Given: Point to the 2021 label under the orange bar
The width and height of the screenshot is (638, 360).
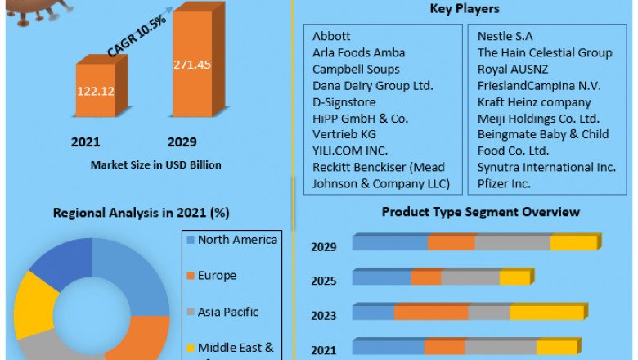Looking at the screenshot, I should click(x=86, y=142).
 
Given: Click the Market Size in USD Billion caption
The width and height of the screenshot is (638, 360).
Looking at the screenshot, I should click(x=156, y=164).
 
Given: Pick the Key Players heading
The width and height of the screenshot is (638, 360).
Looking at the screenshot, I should click(x=465, y=9).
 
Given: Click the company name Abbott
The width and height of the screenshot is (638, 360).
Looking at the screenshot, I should click(x=331, y=36).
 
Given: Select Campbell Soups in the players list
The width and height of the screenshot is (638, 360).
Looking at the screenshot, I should click(x=356, y=69).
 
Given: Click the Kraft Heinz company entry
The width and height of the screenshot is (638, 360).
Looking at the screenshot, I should click(x=534, y=102).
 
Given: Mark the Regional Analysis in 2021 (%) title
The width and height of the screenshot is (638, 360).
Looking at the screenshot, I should click(x=141, y=213).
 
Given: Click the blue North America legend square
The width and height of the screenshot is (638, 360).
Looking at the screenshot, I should click(x=191, y=240).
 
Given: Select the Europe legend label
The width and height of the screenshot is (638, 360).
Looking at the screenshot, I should click(x=217, y=276).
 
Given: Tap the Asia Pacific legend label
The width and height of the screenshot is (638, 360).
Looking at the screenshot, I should click(x=228, y=312).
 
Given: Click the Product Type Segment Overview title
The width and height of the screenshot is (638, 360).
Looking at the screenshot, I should click(x=481, y=212).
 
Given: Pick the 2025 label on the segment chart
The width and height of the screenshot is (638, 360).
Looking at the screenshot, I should click(x=323, y=281).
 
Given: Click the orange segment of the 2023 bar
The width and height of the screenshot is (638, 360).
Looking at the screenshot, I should click(x=431, y=313).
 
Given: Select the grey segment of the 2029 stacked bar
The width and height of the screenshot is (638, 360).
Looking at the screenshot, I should click(x=512, y=243).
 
